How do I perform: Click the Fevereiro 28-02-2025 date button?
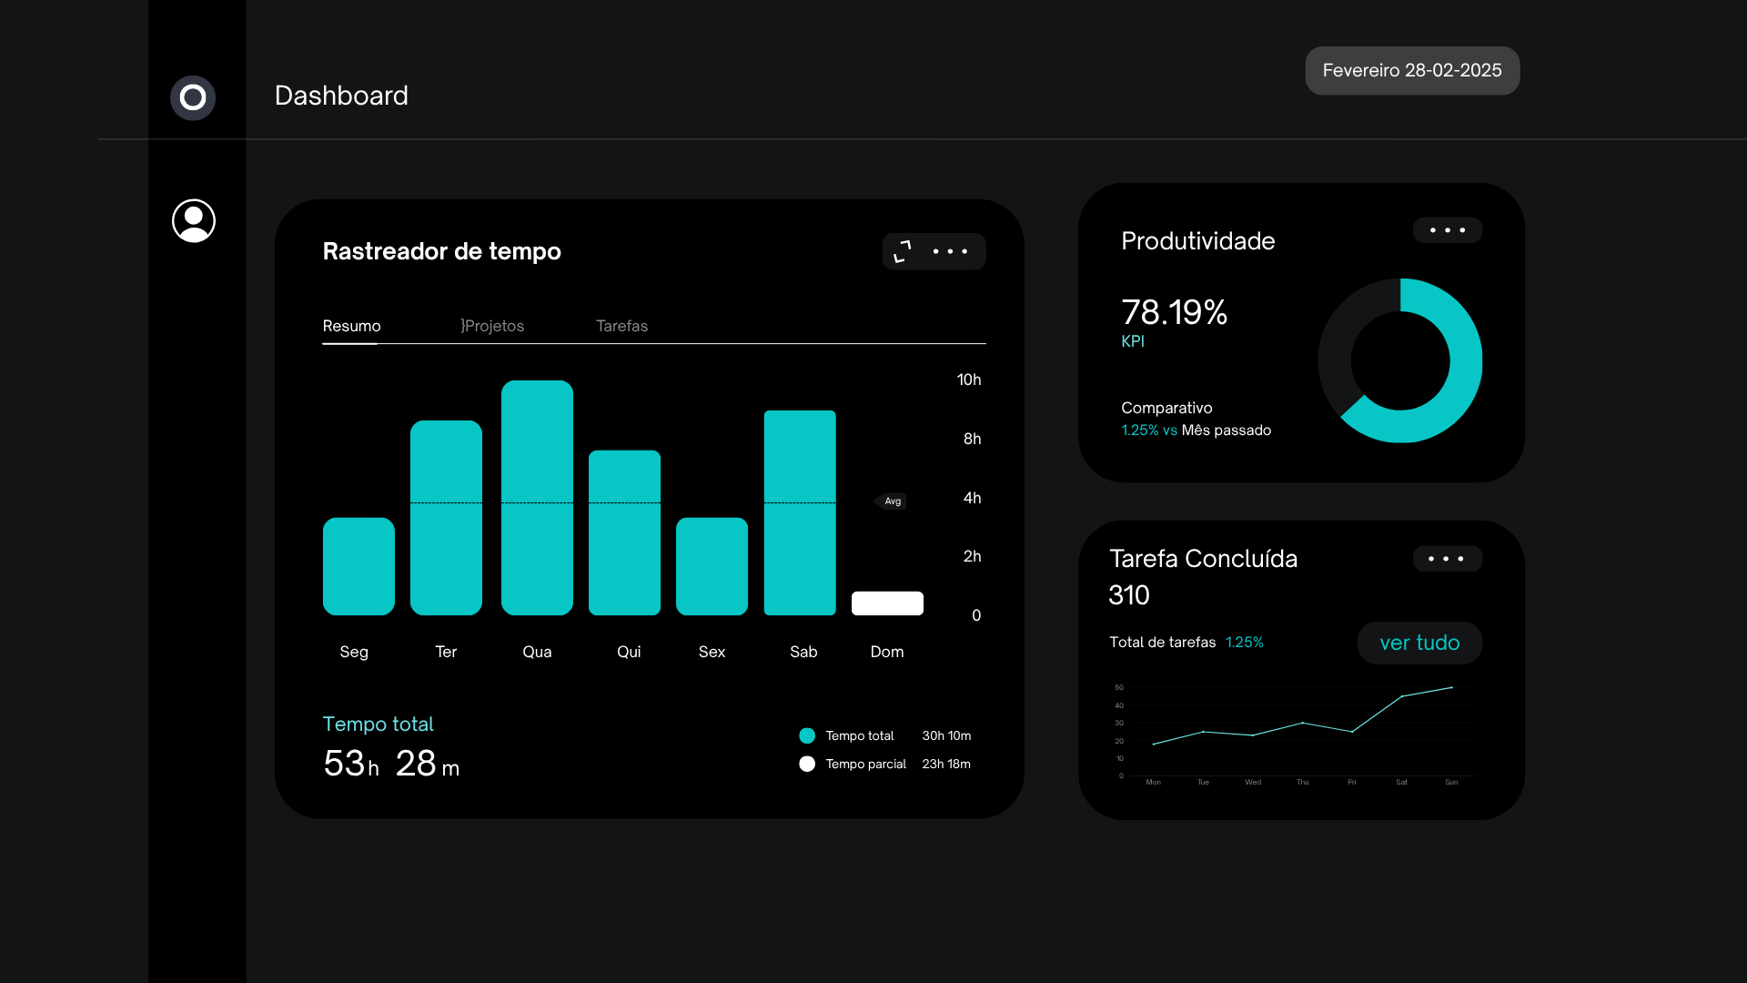click(1412, 70)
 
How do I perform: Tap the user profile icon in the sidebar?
click(194, 220)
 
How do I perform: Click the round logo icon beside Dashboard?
click(193, 97)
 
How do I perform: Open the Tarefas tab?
click(621, 326)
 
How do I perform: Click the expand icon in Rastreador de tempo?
click(903, 251)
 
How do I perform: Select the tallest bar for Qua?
click(537, 497)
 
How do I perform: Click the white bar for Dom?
click(887, 603)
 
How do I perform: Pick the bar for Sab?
click(800, 512)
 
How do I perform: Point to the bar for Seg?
click(358, 566)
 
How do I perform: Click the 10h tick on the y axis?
click(969, 380)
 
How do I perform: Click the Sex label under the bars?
click(712, 652)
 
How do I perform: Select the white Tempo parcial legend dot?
click(807, 764)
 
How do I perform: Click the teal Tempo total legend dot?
click(807, 735)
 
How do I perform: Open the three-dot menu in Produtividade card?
click(1448, 230)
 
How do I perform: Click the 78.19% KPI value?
click(1175, 312)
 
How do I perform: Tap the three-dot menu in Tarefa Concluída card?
click(1448, 559)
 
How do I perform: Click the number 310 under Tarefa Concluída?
click(1129, 594)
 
